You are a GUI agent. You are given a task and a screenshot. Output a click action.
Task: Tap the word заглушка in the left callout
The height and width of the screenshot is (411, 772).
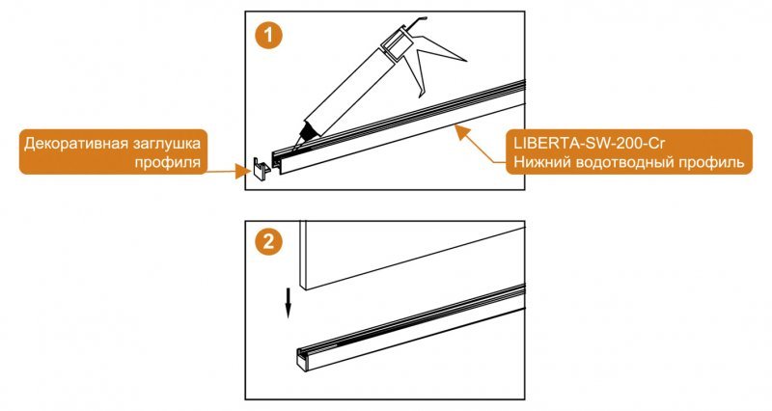[x=164, y=145]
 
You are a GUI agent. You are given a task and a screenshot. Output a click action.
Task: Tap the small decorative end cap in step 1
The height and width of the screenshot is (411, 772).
[x=261, y=168]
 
